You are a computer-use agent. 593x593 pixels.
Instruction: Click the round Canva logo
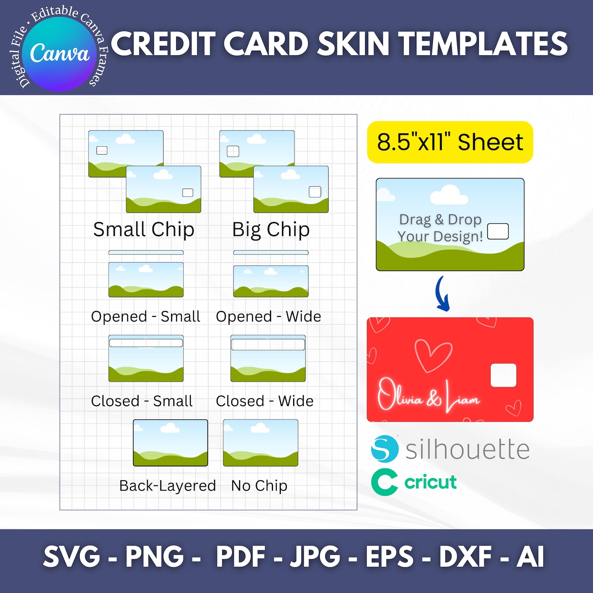(59, 53)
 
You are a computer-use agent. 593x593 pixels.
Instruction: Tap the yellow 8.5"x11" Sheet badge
(450, 142)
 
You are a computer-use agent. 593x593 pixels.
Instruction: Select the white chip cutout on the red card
(503, 375)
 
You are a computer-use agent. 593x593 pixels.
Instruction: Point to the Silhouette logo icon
(385, 448)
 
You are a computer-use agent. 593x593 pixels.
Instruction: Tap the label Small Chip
(144, 229)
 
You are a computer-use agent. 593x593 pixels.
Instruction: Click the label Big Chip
(271, 229)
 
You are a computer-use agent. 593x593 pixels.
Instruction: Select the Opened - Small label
(146, 316)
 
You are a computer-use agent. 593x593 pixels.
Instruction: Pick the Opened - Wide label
(268, 316)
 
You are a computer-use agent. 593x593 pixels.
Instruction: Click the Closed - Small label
(142, 401)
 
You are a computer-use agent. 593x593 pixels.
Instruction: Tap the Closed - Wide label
(265, 401)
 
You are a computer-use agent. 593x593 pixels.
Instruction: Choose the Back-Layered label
(168, 485)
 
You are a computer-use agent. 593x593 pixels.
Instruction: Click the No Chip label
(259, 485)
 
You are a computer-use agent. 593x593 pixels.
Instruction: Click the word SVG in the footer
(72, 556)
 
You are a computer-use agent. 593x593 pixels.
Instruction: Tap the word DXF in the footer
(465, 556)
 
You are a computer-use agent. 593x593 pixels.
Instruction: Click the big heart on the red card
(433, 355)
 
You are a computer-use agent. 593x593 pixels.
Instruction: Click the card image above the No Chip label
(260, 443)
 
